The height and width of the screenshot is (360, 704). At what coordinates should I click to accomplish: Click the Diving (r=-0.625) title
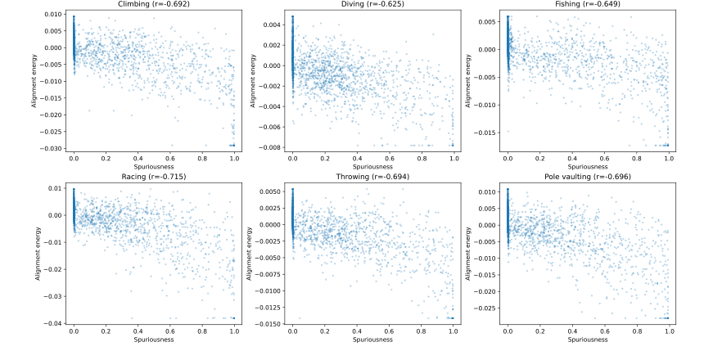point(374,5)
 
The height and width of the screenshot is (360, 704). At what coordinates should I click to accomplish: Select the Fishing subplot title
point(589,5)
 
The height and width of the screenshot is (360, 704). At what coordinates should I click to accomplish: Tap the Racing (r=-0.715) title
point(154,176)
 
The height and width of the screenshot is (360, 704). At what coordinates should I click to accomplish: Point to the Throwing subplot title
point(374,176)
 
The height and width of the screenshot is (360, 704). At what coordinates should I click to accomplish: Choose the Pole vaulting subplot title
point(589,176)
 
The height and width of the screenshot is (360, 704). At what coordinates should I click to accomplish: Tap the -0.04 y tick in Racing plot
point(53,323)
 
